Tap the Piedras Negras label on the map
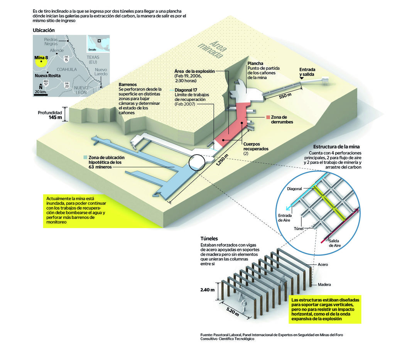click(51, 42)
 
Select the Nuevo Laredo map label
click(101, 72)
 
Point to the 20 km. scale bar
click(41, 94)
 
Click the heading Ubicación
click(44, 30)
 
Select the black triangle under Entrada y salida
click(302, 79)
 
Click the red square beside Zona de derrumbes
click(268, 117)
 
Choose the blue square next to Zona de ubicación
click(85, 157)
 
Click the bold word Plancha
click(255, 63)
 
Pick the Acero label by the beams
click(323, 265)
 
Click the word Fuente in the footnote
click(207, 335)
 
